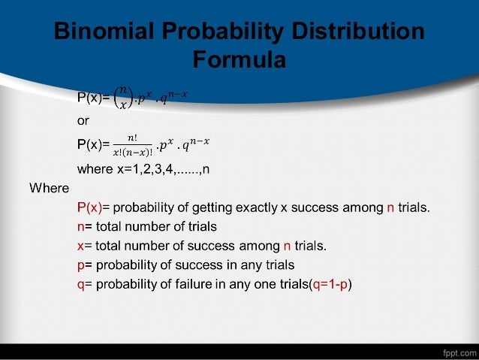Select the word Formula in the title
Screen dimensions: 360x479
pyautogui.click(x=239, y=59)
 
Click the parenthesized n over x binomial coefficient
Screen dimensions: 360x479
pyautogui.click(x=123, y=98)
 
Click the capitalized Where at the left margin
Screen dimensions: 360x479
pyautogui.click(x=49, y=187)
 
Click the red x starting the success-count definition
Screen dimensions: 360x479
pyautogui.click(x=80, y=245)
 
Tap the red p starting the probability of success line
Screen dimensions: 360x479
pyautogui.click(x=80, y=265)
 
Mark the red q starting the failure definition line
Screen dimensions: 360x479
pyautogui.click(x=80, y=284)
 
